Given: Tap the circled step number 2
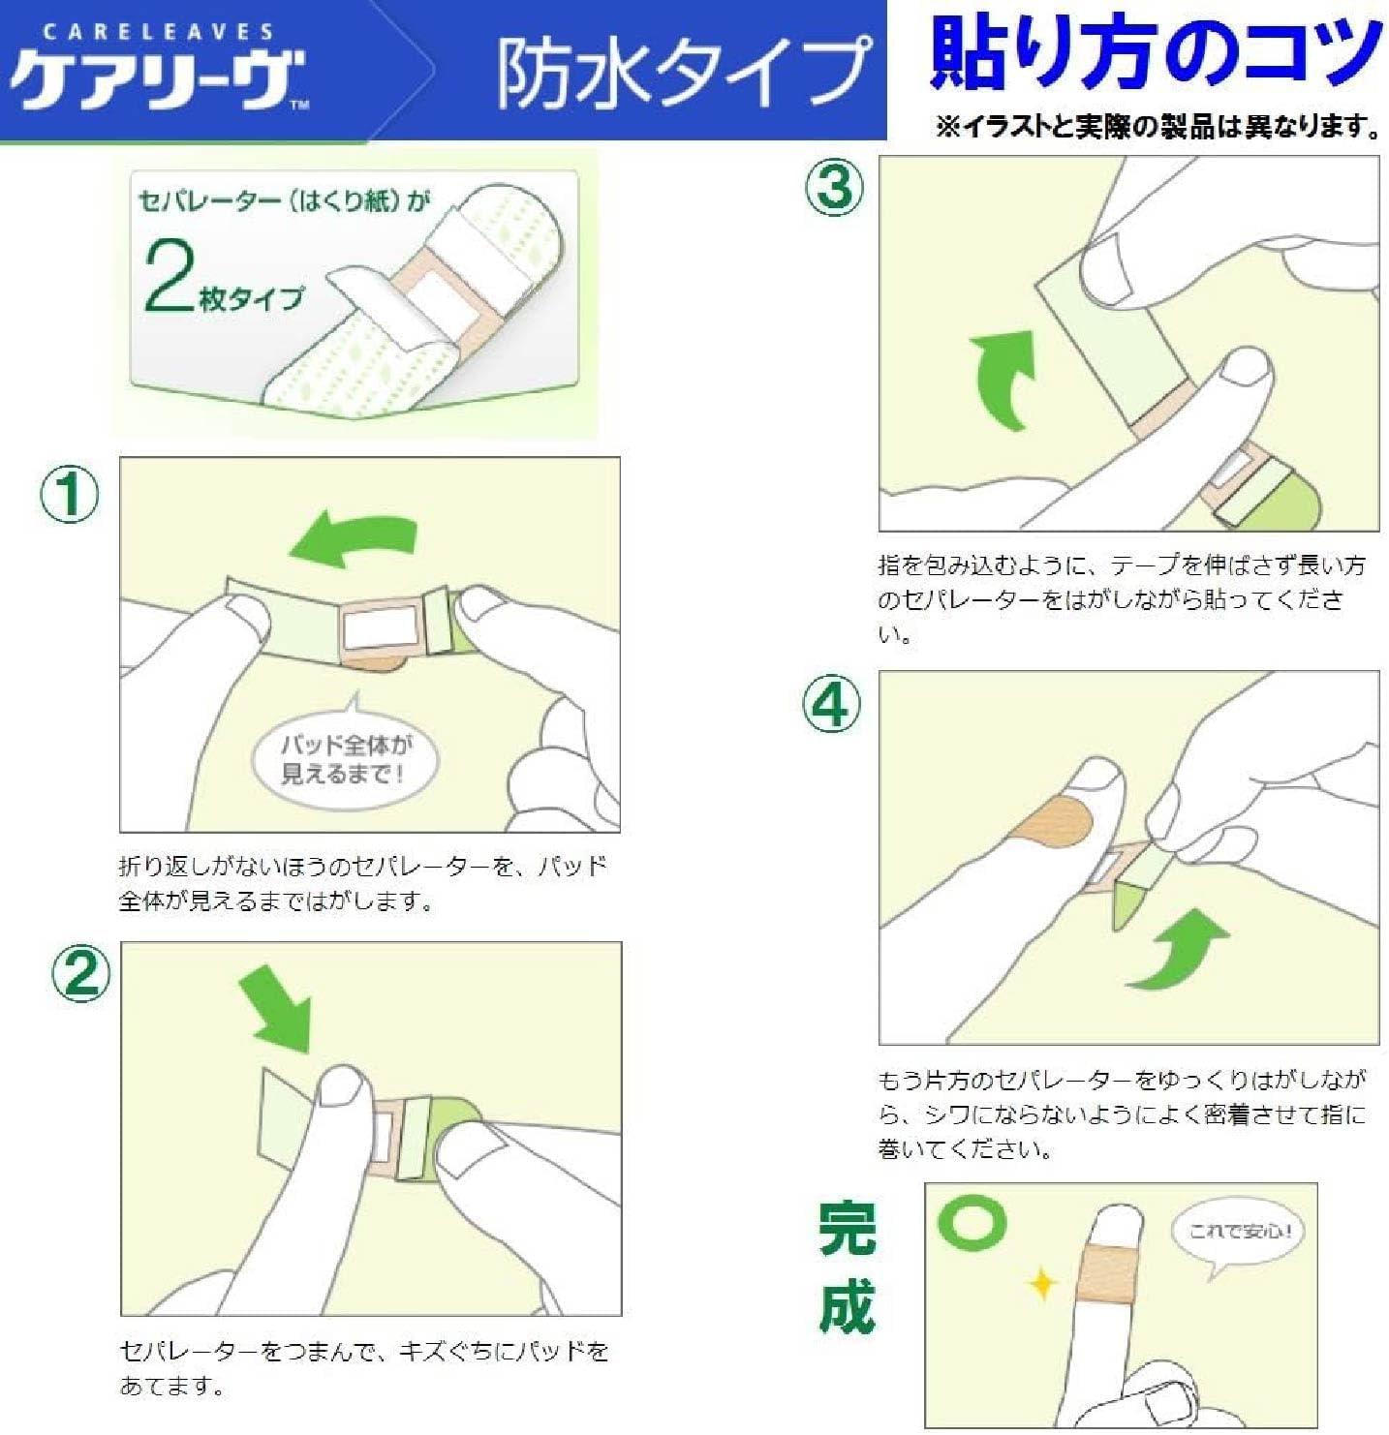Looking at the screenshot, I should [x=80, y=973].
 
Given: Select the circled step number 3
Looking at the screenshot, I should [x=834, y=188].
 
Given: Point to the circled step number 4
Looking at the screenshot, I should [x=832, y=704].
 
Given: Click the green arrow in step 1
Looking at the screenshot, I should [x=355, y=539].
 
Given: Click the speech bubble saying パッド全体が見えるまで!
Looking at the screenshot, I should [x=345, y=759].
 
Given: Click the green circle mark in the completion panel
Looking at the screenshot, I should [x=971, y=1222].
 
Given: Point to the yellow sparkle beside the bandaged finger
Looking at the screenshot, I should [x=1042, y=1284].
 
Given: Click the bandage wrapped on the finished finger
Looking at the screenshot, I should [x=1105, y=1273].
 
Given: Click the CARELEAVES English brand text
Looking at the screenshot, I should [x=158, y=32].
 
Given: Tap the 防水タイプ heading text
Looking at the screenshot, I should [x=682, y=73].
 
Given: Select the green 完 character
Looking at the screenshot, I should [x=847, y=1229].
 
